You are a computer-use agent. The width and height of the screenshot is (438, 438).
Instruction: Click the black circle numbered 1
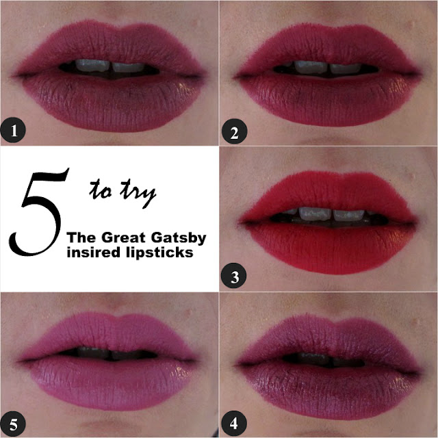point(13,130)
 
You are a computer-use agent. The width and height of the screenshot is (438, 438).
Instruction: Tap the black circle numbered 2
point(234,131)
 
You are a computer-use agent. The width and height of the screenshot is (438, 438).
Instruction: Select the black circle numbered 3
point(234,276)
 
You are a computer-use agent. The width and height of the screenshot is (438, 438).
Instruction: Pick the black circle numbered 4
point(234,423)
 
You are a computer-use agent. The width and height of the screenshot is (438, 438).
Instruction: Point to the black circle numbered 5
point(13,424)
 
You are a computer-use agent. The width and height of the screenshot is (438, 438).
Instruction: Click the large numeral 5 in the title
point(38,211)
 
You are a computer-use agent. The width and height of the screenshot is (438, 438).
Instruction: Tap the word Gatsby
point(179,239)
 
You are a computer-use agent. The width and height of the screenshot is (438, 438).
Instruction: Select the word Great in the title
point(123,237)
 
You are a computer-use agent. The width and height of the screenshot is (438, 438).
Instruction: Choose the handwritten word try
point(138,193)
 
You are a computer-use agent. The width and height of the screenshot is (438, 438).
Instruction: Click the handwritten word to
point(101,190)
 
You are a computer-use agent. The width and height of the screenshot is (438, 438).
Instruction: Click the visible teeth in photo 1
point(109,66)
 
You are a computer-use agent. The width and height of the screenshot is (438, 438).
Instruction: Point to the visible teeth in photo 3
point(331,214)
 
